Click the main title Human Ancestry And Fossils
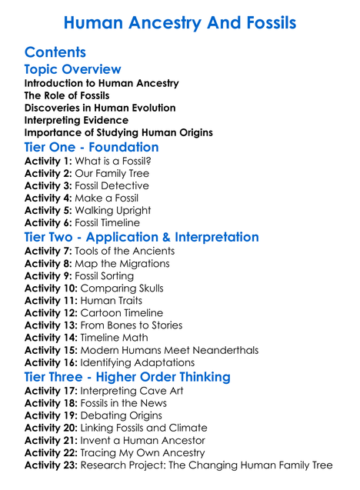click(x=180, y=23)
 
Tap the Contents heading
click(x=55, y=52)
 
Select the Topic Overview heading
click(x=73, y=70)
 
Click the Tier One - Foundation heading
click(x=92, y=147)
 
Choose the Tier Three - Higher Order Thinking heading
click(x=127, y=377)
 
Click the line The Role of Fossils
click(x=67, y=95)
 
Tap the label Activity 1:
click(x=51, y=161)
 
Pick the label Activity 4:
click(x=51, y=198)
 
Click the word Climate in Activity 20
click(x=187, y=428)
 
